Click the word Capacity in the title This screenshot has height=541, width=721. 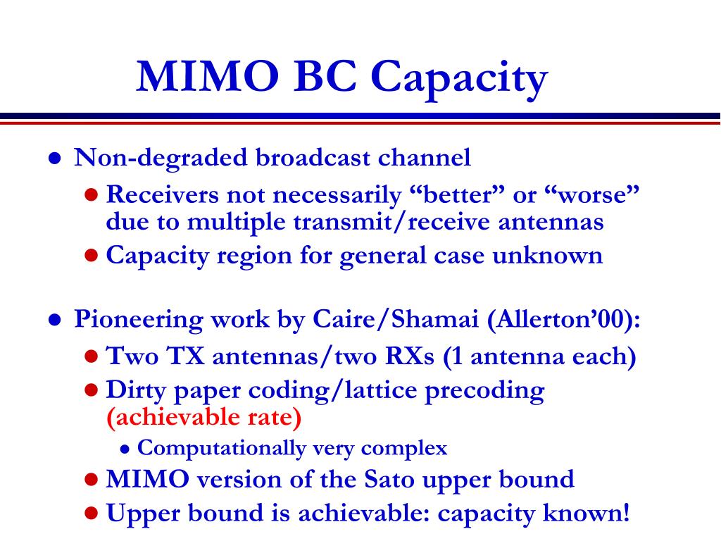[x=459, y=78]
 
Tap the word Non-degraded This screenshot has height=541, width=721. [x=161, y=158]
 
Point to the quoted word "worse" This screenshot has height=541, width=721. [x=591, y=194]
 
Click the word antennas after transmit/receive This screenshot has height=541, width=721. [x=551, y=222]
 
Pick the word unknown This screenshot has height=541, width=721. [x=547, y=255]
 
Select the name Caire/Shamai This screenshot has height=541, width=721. [x=396, y=319]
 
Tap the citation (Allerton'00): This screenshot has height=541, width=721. [x=564, y=319]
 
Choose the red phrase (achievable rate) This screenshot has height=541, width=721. [x=203, y=417]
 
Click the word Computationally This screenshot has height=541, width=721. [x=221, y=448]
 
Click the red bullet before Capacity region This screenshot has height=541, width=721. [x=92, y=255]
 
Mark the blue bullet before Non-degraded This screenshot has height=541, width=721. [x=55, y=158]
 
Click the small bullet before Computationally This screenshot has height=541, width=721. [x=125, y=449]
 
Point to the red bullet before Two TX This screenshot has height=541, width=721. [x=92, y=356]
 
